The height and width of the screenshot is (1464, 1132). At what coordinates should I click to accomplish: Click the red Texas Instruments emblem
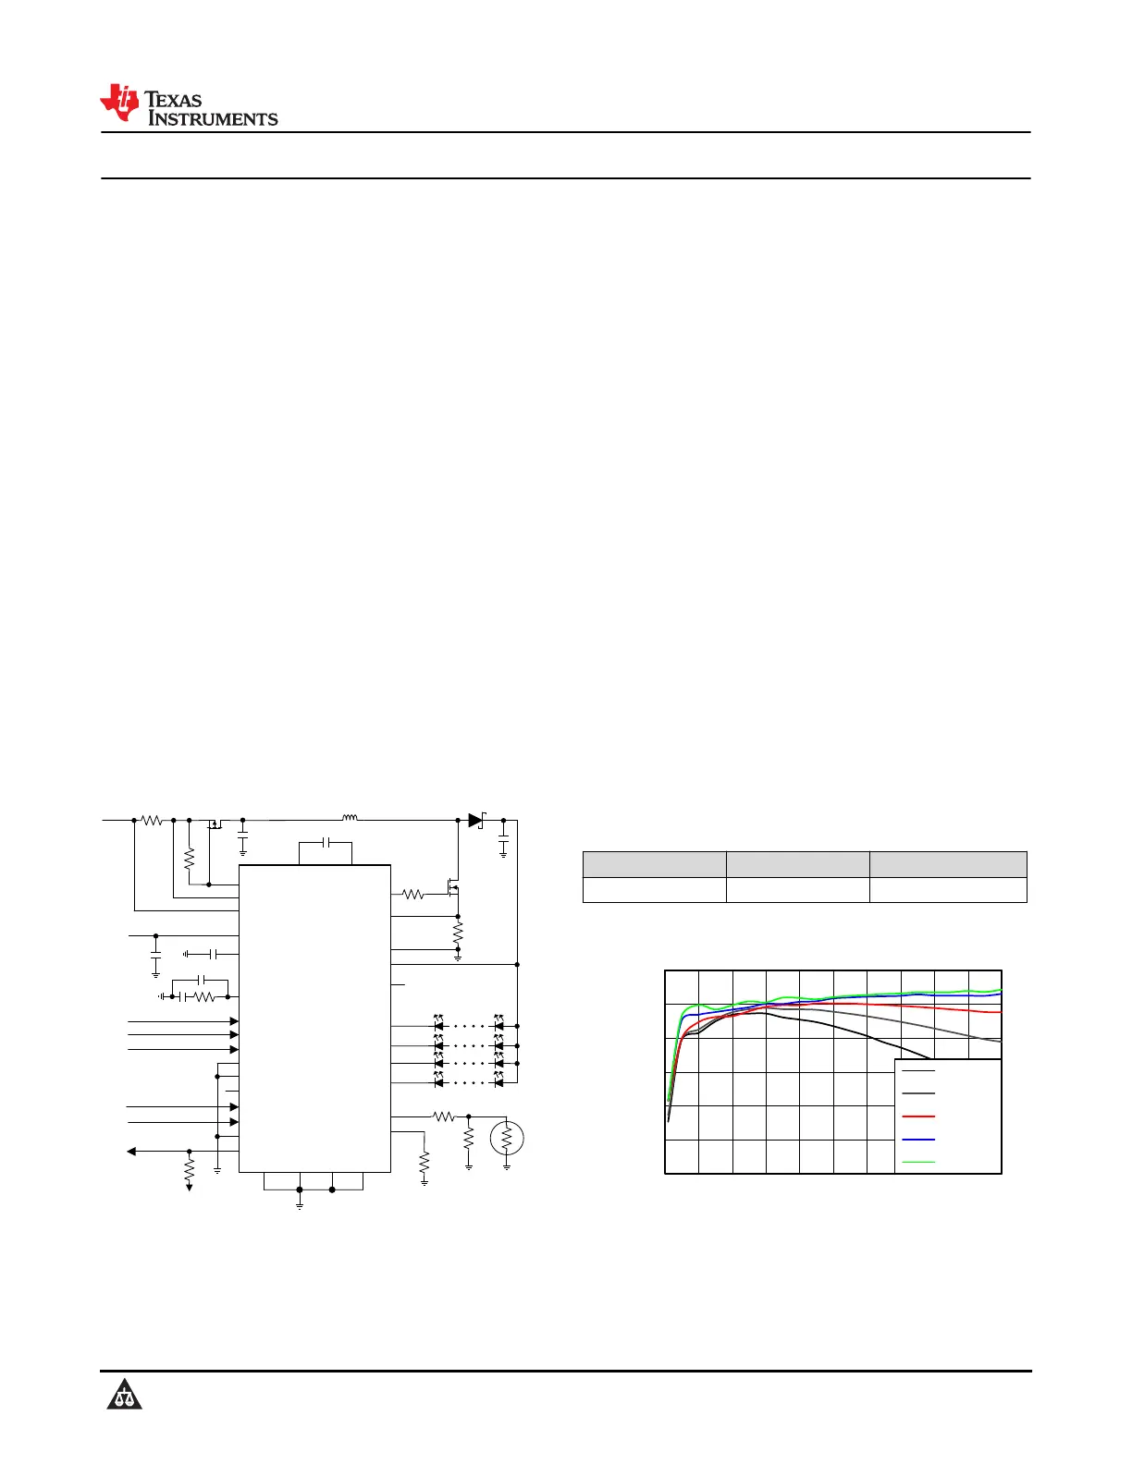[x=119, y=103]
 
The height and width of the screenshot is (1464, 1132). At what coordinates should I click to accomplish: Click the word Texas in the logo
[x=173, y=100]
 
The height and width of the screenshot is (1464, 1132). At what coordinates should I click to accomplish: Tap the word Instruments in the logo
[x=213, y=118]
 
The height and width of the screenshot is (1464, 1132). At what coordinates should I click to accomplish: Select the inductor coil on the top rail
[x=350, y=818]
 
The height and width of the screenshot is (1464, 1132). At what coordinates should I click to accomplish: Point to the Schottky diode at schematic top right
[x=476, y=820]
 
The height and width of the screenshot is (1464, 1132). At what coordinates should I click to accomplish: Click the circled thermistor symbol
[x=506, y=1138]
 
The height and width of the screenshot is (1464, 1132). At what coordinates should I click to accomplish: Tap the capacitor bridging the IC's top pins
[x=326, y=842]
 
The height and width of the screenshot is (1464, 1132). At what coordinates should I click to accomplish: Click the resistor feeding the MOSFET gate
[x=412, y=894]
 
